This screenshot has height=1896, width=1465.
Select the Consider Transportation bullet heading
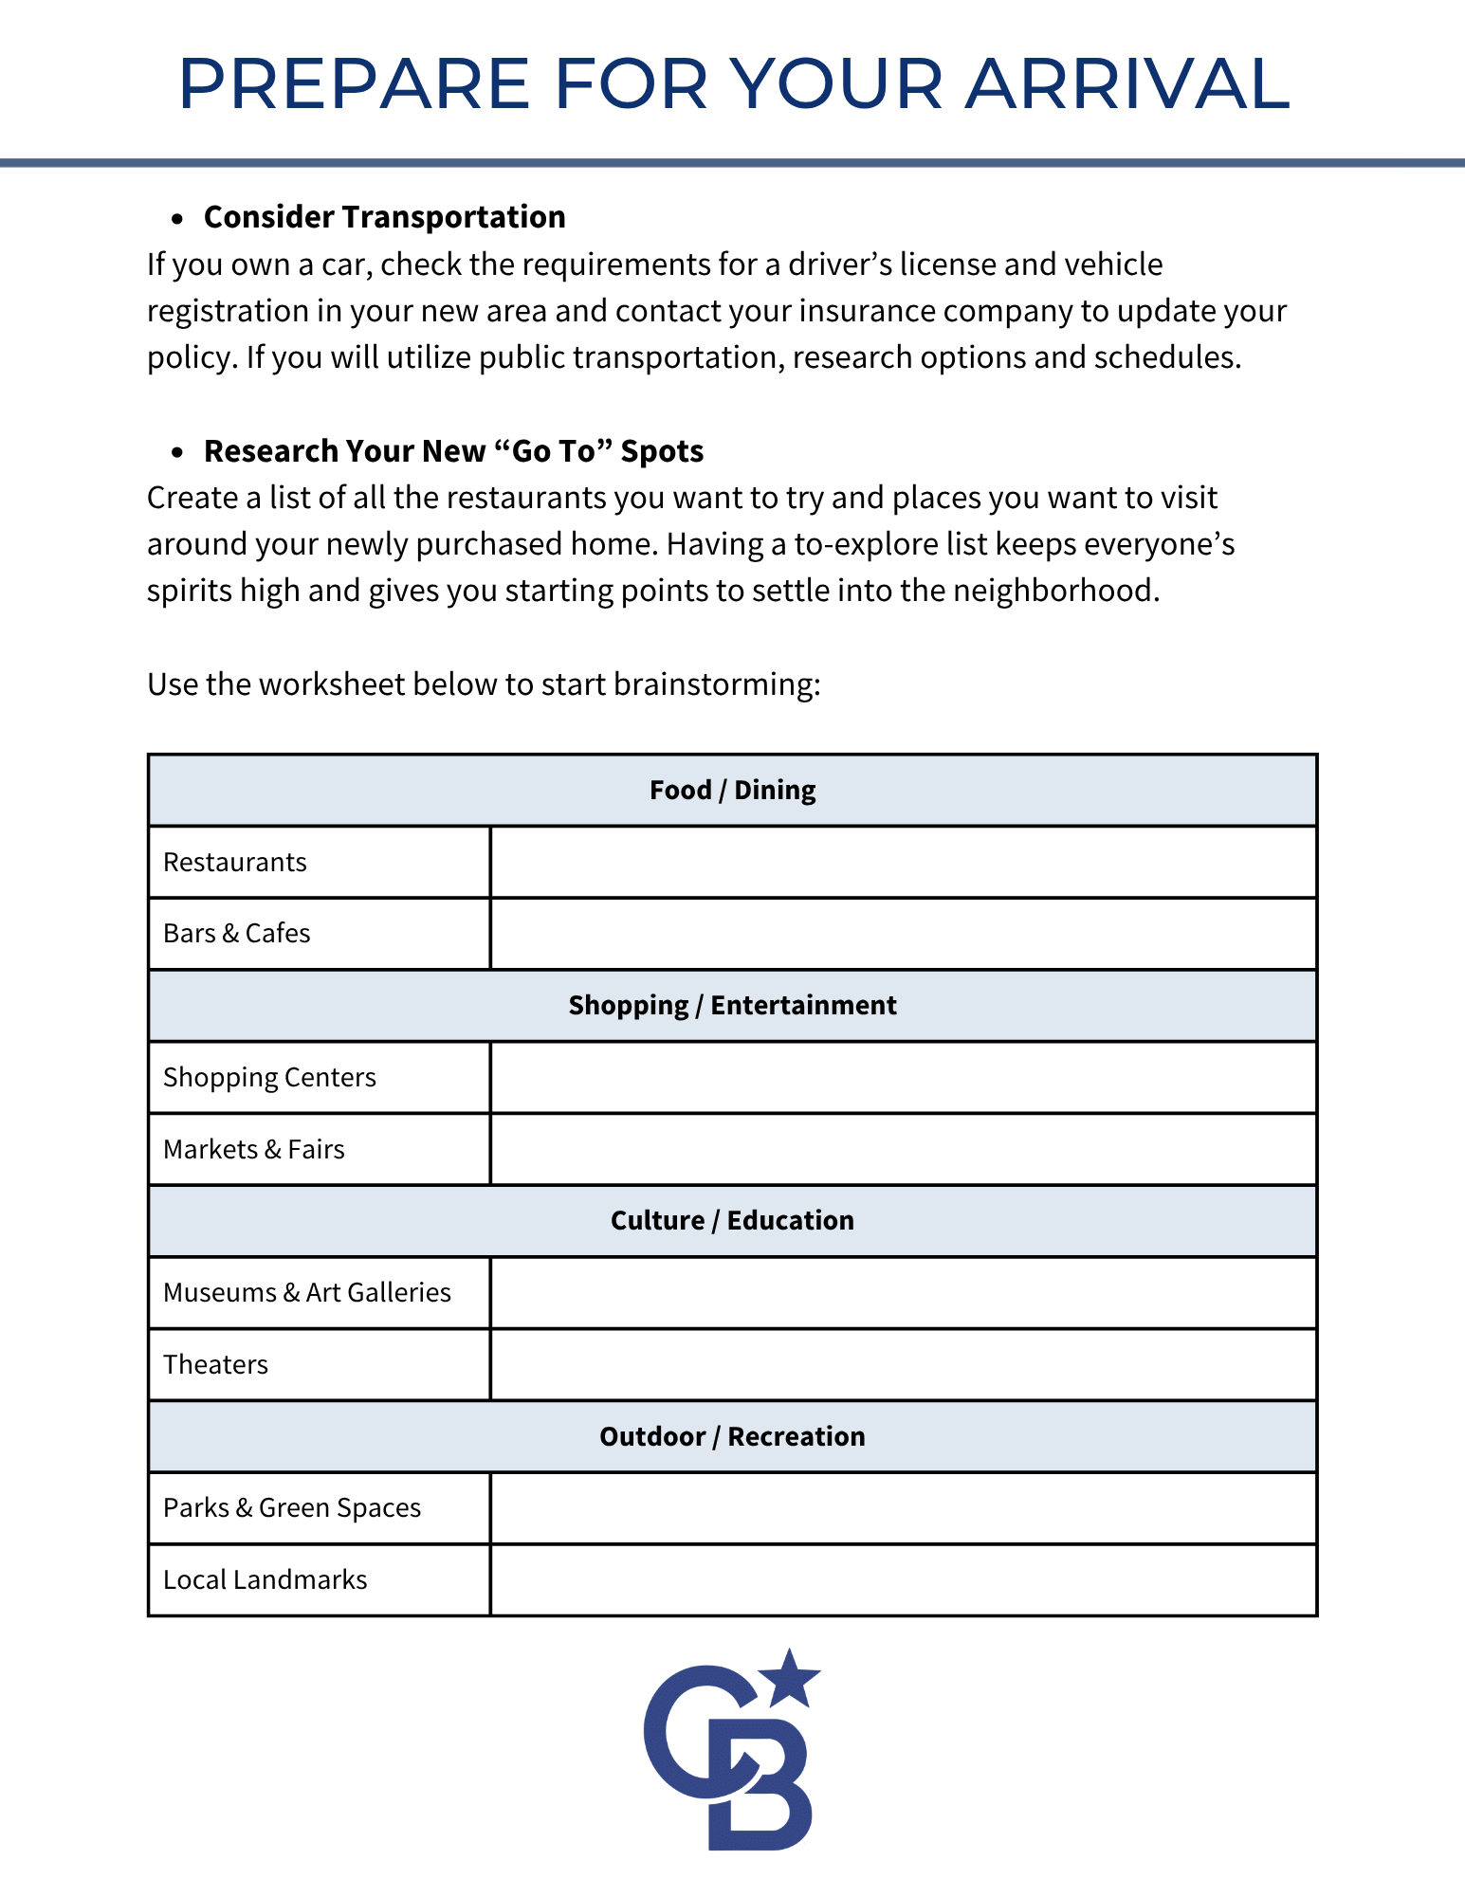coord(384,217)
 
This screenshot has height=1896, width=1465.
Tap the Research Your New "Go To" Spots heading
coord(453,451)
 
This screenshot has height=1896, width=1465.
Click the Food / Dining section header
coord(732,791)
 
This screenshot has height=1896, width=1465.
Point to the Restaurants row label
coord(235,863)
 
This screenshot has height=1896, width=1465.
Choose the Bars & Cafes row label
coord(237,934)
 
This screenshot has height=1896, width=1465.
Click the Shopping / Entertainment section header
coord(732,1006)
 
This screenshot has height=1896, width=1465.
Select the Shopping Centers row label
coord(269,1078)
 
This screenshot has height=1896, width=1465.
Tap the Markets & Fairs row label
coord(254,1150)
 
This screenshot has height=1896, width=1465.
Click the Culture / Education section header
coord(732,1221)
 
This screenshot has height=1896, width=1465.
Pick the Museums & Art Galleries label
coord(307,1293)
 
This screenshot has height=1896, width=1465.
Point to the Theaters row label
coord(216,1365)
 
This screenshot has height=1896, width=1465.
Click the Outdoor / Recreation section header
coord(732,1437)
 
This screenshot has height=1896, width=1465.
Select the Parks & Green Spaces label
coord(292,1508)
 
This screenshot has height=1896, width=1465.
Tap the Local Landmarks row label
coord(266,1580)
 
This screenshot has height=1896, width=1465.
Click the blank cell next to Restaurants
coord(903,863)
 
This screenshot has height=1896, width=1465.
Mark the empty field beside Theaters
coord(903,1365)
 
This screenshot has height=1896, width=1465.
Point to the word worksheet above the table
coord(332,684)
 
